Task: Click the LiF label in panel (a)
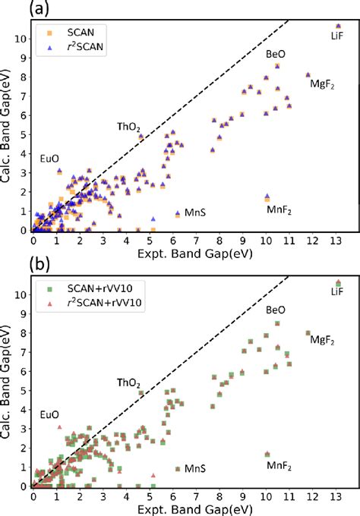coord(338,35)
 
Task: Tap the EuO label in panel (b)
coord(49,415)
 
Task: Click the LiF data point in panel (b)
coord(339,282)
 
